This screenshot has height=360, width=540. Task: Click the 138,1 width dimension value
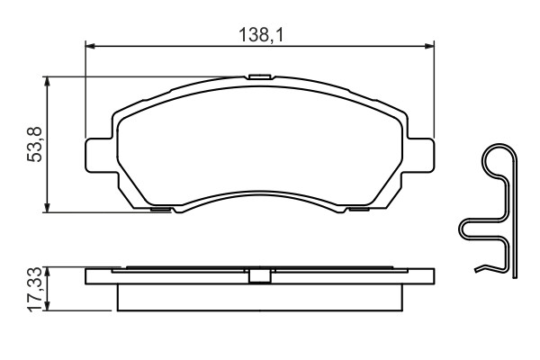261,35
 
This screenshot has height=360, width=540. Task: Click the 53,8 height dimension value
34,144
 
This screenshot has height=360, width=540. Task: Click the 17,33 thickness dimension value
34,290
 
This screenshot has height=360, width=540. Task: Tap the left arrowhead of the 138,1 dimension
89,46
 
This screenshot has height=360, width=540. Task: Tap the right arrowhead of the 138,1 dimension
429,46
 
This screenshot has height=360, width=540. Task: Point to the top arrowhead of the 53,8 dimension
47,81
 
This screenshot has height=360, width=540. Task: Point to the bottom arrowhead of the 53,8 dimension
47,208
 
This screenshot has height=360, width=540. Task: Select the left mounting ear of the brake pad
101,155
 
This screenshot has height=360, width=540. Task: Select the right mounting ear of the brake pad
418,155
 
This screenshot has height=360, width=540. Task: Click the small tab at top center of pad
259,76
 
